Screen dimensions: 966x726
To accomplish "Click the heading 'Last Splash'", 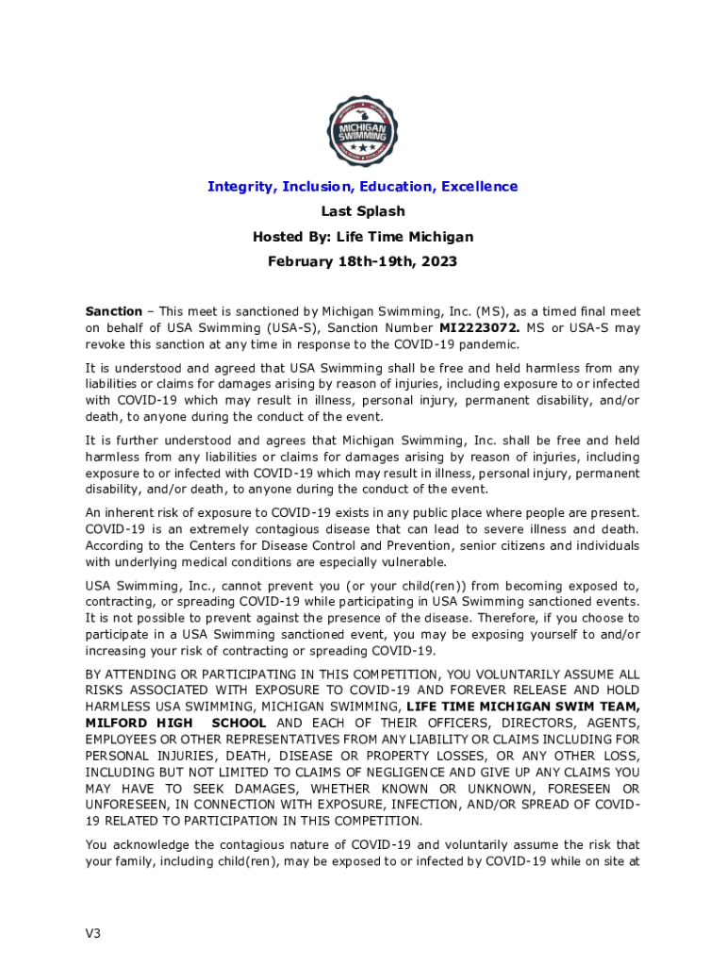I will [x=363, y=211].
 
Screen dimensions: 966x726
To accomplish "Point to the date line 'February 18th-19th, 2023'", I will [x=363, y=261].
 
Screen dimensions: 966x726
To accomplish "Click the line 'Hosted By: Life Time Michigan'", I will [x=363, y=237].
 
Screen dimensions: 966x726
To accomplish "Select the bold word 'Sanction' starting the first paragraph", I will [x=113, y=311].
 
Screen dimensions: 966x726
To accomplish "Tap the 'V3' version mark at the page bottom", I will [x=92, y=934].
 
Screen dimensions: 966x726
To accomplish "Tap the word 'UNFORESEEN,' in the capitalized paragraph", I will [x=129, y=803].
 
